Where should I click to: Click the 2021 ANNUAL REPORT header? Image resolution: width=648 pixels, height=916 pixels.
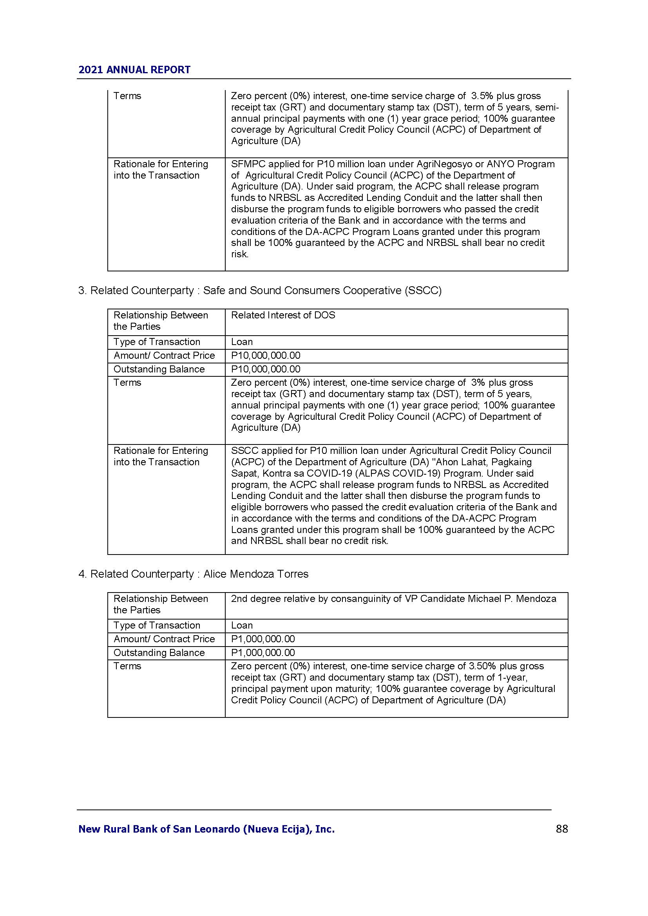point(134,70)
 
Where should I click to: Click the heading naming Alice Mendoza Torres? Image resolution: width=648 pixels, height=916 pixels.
point(194,574)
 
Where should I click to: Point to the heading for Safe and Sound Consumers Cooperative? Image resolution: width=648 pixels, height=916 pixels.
point(260,291)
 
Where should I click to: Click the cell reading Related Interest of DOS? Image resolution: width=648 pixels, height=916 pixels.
point(283,315)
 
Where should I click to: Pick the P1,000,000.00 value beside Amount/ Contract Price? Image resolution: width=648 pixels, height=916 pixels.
point(263,639)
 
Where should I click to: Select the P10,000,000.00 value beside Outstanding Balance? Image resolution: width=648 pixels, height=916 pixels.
point(266,369)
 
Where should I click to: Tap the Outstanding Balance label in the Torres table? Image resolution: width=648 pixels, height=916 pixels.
point(159,652)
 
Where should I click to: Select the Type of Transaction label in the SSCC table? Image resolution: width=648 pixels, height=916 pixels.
point(157,342)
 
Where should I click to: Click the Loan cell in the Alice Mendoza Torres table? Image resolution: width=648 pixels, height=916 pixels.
point(242,625)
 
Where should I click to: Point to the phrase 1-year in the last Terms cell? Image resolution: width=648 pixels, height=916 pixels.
point(512,677)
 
